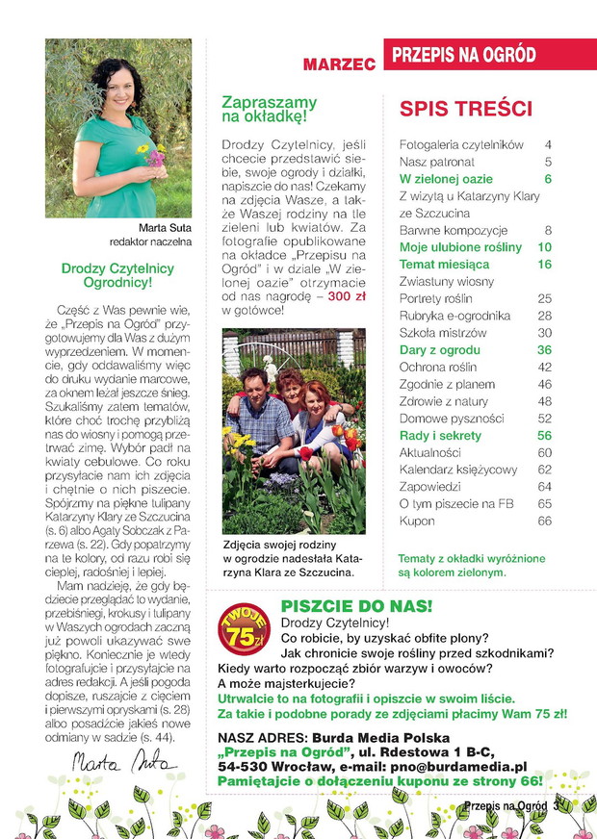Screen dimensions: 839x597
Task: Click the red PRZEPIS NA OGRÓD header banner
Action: pyautogui.click(x=478, y=56)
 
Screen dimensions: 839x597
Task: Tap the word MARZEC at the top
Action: pyautogui.click(x=338, y=65)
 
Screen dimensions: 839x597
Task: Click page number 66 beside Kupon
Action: pyautogui.click(x=544, y=521)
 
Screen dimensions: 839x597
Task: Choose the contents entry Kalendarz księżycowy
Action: pyautogui.click(x=458, y=470)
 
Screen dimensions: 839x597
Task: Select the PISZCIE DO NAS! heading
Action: pyautogui.click(x=356, y=606)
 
